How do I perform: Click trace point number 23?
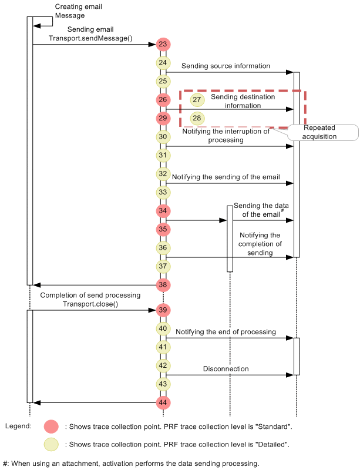point(163,44)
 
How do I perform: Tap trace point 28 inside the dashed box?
point(197,118)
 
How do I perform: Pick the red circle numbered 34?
point(163,210)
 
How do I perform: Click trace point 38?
point(163,285)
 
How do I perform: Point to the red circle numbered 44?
point(163,403)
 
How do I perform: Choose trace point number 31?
point(163,155)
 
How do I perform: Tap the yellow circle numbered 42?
point(163,365)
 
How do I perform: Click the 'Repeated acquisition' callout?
point(320,132)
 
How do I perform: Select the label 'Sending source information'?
point(226,66)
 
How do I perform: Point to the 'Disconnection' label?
point(226,369)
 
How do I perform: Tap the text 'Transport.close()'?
point(90,304)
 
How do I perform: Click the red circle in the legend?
point(52,427)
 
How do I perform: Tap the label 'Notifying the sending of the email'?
point(226,177)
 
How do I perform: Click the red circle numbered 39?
point(163,310)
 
